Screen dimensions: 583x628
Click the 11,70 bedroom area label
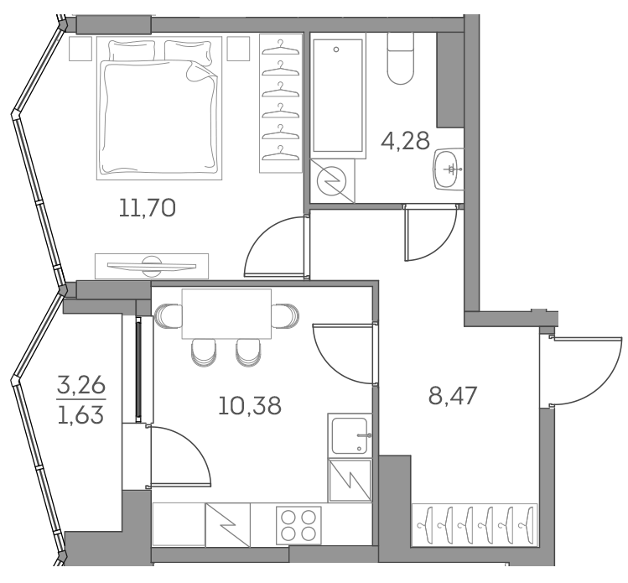pos(147,208)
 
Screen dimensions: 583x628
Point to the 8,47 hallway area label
pos(453,395)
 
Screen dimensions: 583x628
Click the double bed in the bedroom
pos(158,110)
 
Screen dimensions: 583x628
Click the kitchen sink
pos(350,435)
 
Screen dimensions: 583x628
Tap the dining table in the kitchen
pos(226,313)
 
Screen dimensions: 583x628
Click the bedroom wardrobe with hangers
pos(279,102)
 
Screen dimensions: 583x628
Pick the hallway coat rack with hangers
pos(475,525)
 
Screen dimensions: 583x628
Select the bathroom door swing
pos(423,235)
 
